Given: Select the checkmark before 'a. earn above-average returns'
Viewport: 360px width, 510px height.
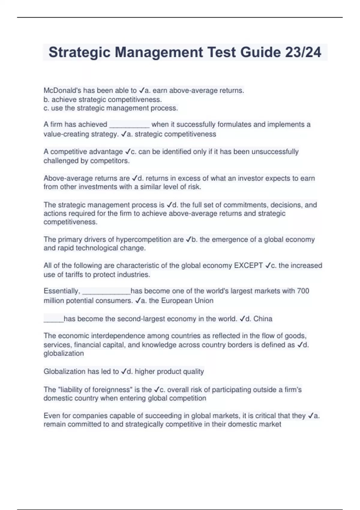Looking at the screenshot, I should tap(142, 90).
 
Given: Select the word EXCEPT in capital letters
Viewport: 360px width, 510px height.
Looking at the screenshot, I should tap(248, 265).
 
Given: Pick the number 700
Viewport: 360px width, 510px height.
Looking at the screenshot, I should tap(303, 291).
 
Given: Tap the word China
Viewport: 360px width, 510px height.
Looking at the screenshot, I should tap(263, 319).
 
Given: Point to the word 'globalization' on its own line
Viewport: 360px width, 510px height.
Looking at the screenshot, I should tap(64, 353).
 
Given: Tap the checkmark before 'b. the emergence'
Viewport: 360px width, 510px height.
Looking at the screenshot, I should tap(188, 239).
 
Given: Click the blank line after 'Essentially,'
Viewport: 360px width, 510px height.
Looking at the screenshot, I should tap(106, 292).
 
